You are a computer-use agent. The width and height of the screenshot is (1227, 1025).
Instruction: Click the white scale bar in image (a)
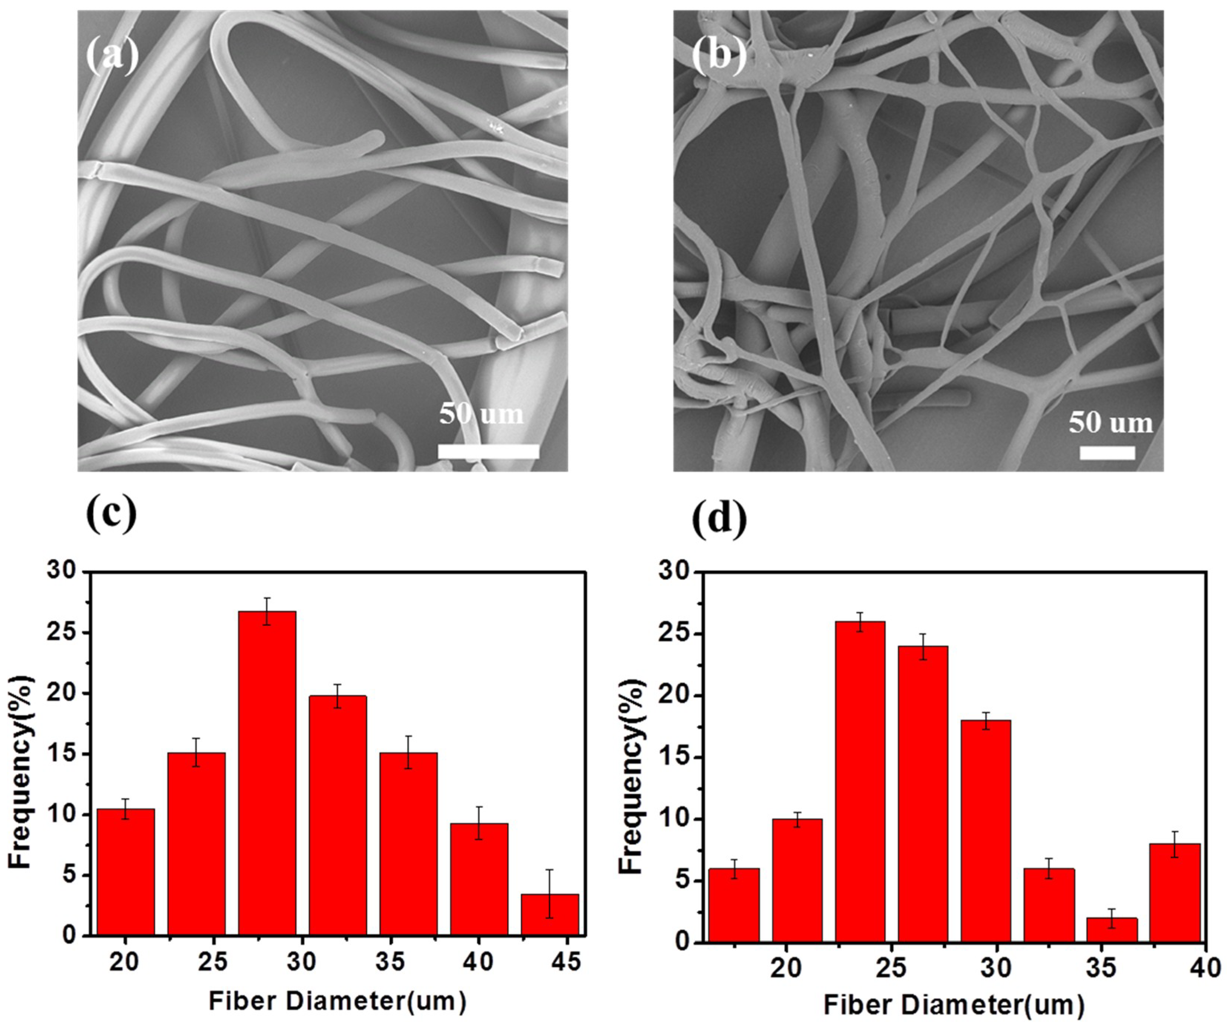(488, 451)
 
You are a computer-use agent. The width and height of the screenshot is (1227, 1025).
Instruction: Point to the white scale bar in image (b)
(1107, 452)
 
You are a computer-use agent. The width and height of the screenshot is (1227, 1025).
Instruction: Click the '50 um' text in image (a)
(482, 414)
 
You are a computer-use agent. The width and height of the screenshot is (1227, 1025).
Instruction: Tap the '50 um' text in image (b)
(1111, 422)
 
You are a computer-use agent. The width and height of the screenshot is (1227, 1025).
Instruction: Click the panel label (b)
(719, 56)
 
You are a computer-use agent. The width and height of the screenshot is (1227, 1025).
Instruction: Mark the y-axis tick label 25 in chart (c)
(65, 633)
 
